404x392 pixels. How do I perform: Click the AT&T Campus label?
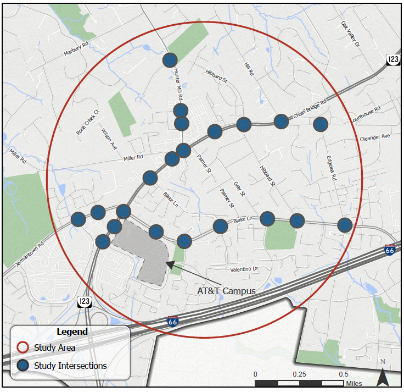pos(227,290)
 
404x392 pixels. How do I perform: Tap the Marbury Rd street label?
pos(76,49)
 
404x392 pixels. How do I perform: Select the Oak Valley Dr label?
pos(349,34)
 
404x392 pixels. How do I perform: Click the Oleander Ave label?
pos(374,137)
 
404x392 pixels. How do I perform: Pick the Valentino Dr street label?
pos(244,269)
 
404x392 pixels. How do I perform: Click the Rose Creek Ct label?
pos(87,122)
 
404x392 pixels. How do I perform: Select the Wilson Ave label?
pos(109,139)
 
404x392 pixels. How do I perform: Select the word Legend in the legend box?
pos(71,332)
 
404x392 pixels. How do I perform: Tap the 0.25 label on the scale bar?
pos(300,374)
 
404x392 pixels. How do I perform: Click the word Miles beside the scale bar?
pos(354,383)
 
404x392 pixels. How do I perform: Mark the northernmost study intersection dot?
pos(170,60)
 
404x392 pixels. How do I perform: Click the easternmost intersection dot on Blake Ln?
pos(344,224)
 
